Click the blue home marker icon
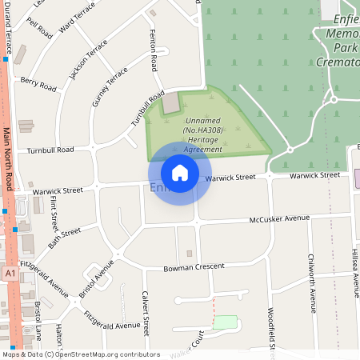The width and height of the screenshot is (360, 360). point(180,172)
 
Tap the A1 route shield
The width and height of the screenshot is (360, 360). point(10,274)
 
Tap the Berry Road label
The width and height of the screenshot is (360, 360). point(38,82)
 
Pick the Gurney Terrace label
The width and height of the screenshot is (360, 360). point(110,86)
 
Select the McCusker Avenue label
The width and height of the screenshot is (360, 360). point(278,218)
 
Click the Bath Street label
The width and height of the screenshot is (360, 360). point(65,238)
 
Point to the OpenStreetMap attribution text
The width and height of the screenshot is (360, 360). point(80,354)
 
